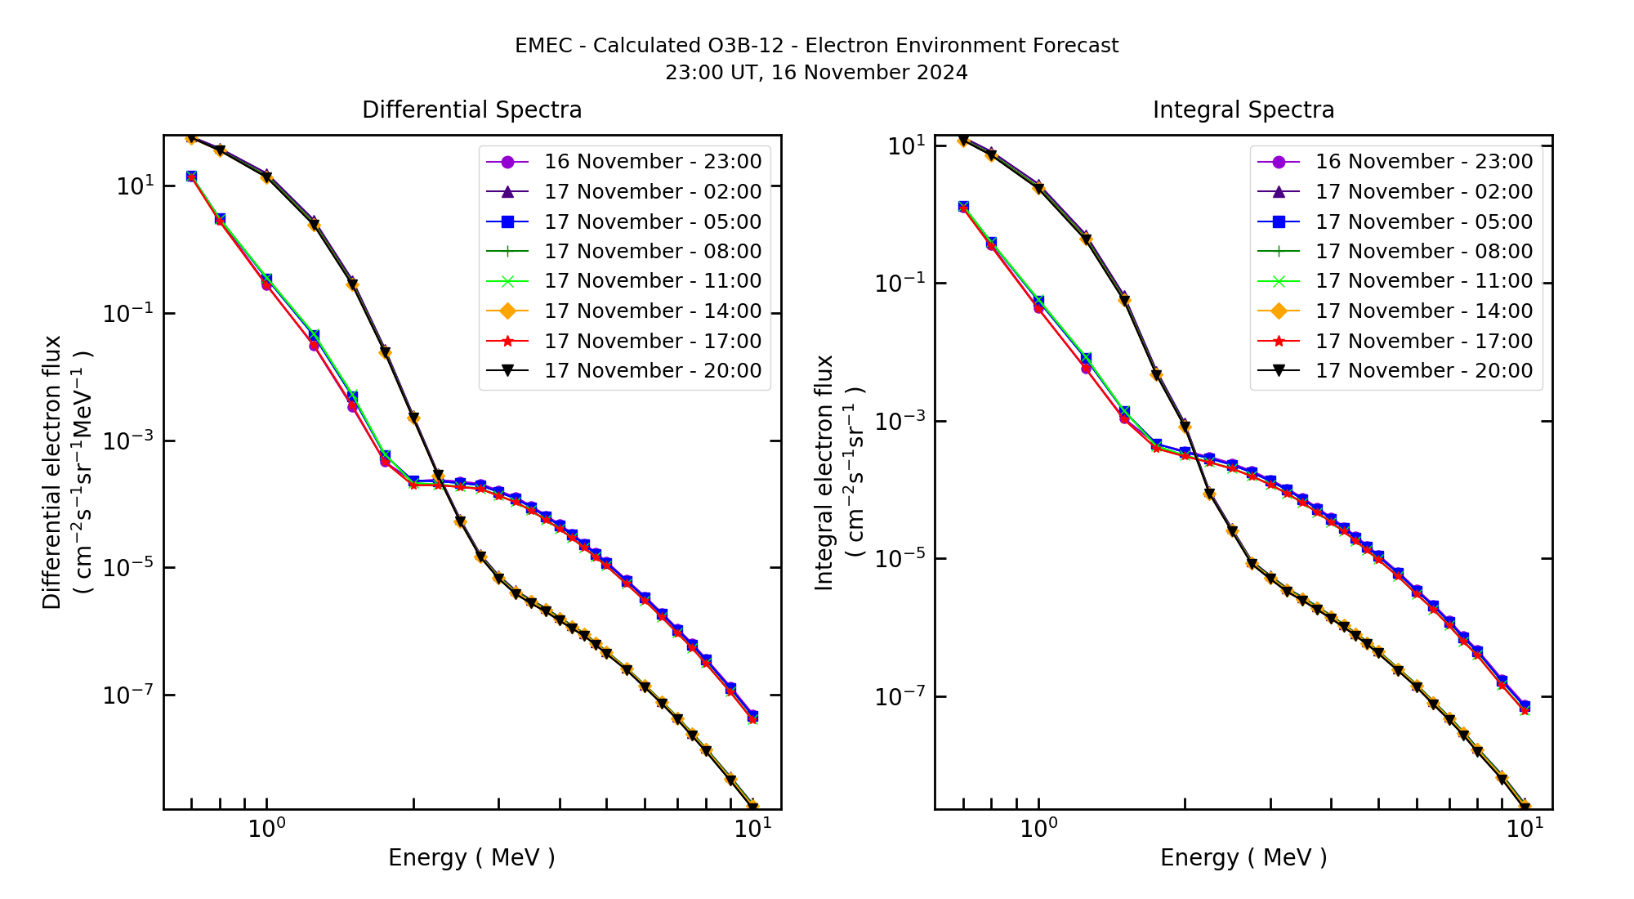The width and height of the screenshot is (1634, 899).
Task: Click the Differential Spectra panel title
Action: click(x=471, y=110)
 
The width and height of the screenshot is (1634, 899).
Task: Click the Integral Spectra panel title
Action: click(x=1243, y=110)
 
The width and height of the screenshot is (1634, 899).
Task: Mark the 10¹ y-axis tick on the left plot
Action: click(x=135, y=186)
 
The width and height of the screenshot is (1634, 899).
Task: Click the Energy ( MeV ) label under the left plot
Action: click(x=471, y=857)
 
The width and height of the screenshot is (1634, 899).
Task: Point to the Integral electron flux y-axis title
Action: click(x=824, y=472)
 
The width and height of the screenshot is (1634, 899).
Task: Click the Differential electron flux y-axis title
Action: click(x=52, y=472)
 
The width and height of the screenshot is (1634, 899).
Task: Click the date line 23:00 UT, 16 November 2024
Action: click(x=816, y=73)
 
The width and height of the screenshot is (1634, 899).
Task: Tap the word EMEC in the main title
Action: click(x=543, y=46)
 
